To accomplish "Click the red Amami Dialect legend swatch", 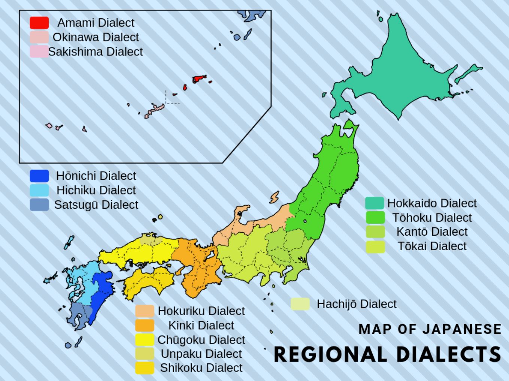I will [39, 23].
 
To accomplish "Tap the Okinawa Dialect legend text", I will [96, 37].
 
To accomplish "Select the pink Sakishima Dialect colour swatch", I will [39, 52].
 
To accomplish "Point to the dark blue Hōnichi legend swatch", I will [39, 176].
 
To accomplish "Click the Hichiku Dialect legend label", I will [96, 190].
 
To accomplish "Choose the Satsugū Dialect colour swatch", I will [39, 205].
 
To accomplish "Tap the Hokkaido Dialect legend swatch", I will [375, 203].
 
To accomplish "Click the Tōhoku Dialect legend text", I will [432, 218].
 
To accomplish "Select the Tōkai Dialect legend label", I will [432, 246].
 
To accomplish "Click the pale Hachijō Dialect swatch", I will [300, 304].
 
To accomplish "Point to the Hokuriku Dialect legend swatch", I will [145, 311].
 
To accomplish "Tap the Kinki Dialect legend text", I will [201, 325].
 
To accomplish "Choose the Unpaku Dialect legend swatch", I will [145, 354].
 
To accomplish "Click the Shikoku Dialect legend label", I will [201, 368].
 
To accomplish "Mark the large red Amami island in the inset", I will [199, 79].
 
